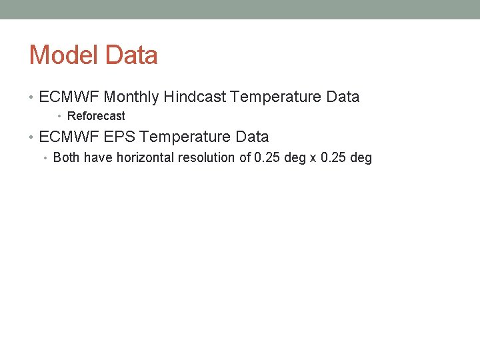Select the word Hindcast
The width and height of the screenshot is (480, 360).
(195, 97)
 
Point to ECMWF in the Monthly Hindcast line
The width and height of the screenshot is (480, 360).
(70, 97)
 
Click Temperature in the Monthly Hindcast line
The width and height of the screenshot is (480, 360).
(276, 97)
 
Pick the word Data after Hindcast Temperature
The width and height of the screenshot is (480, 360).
(343, 97)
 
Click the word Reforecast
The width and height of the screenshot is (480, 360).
(96, 117)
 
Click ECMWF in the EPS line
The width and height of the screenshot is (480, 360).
(70, 137)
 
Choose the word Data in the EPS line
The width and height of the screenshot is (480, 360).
(252, 137)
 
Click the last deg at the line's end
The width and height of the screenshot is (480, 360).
(361, 159)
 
